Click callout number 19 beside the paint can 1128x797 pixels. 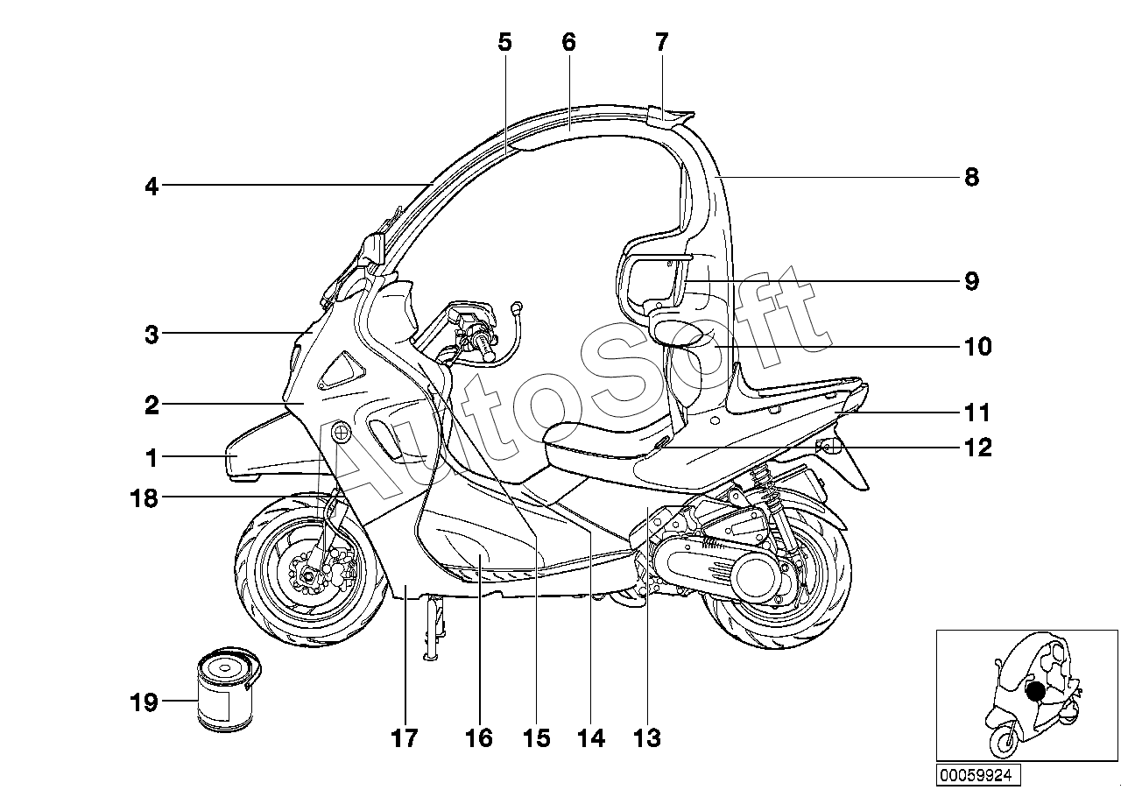pos(144,702)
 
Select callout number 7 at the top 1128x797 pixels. pos(661,41)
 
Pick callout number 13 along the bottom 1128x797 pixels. pos(646,738)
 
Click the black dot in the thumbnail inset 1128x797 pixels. pos(1035,692)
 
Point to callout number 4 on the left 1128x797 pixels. pos(152,186)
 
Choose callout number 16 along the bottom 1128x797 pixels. pos(479,738)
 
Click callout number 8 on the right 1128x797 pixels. pos(971,178)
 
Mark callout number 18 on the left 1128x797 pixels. pos(144,498)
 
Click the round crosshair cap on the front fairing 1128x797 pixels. pos(339,432)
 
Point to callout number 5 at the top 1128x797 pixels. pos(504,41)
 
